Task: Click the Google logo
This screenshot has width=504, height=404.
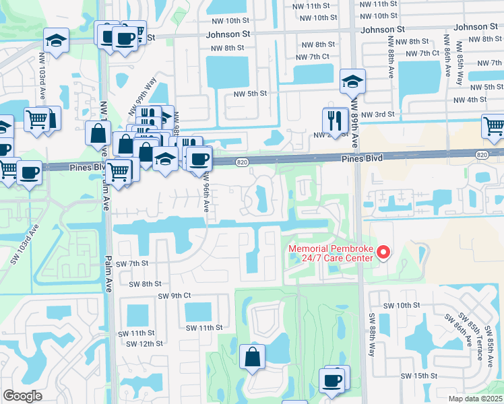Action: tap(22, 396)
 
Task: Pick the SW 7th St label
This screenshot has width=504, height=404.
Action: tap(131, 264)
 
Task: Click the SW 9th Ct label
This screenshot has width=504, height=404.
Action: tap(175, 296)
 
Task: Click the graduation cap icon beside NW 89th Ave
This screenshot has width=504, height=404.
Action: tap(351, 81)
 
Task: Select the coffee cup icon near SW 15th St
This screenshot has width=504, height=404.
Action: tap(333, 380)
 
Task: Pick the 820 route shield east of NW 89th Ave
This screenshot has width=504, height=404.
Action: tap(481, 155)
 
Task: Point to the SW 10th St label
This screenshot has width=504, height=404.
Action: tap(401, 305)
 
